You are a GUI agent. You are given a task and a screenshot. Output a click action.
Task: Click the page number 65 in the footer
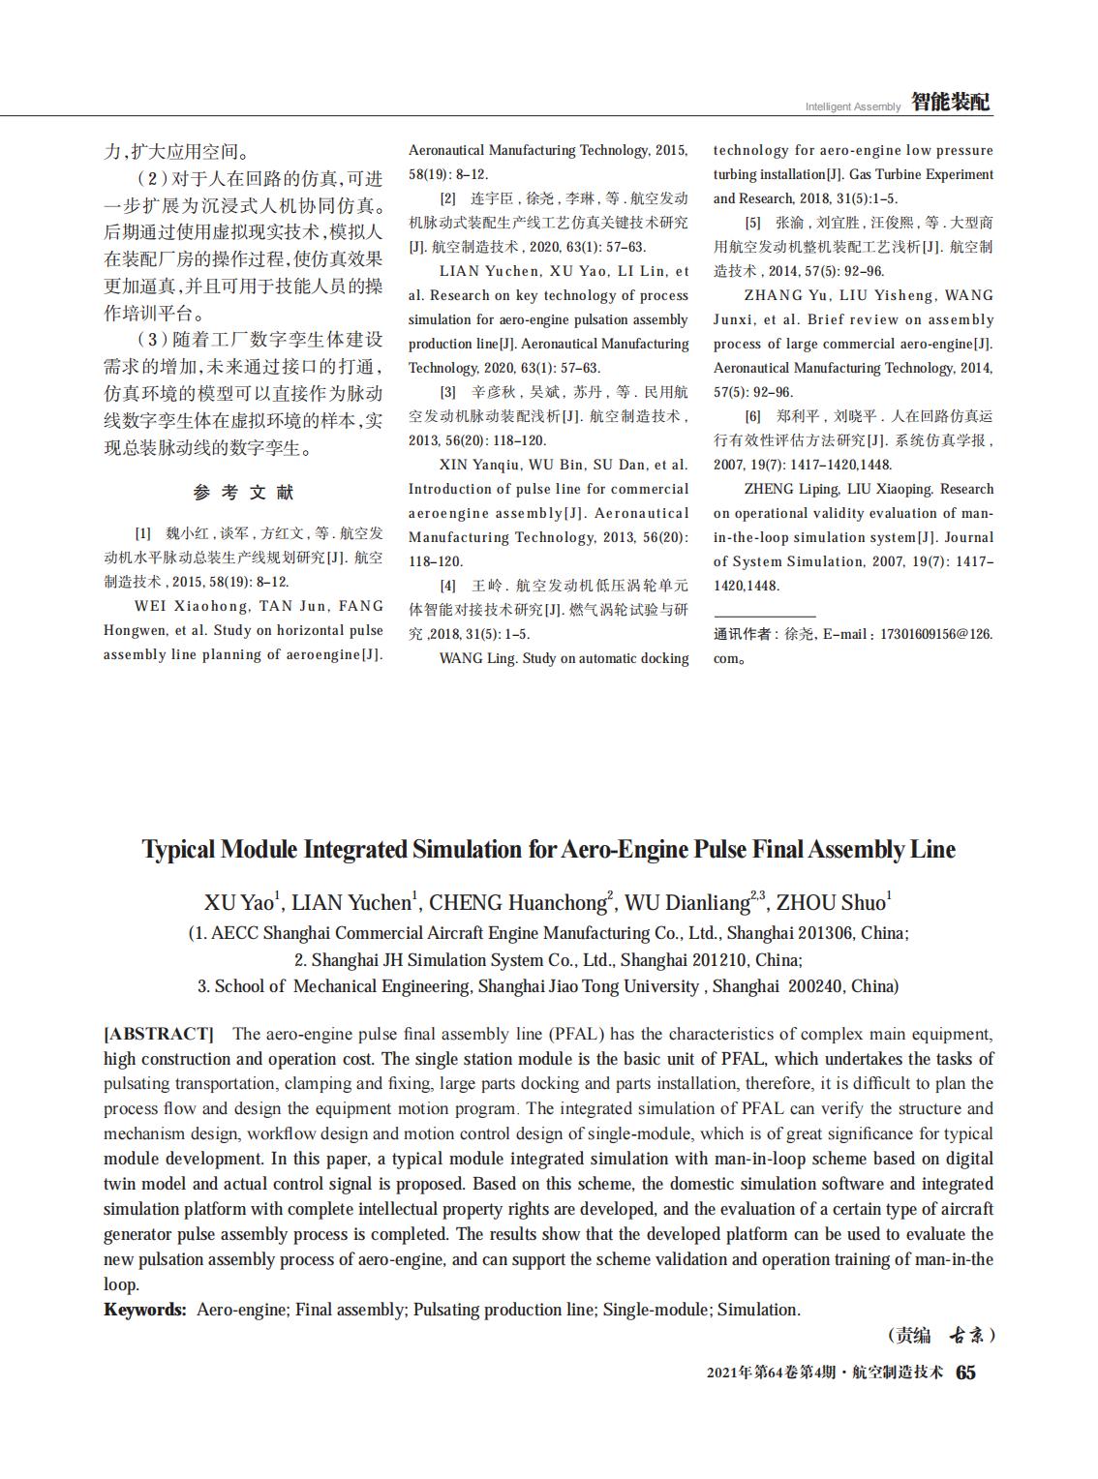[966, 1373]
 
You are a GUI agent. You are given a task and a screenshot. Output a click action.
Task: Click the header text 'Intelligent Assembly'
[852, 106]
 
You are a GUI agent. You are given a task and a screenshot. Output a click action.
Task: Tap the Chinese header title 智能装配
[951, 103]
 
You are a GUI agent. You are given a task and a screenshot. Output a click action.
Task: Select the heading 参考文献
[243, 493]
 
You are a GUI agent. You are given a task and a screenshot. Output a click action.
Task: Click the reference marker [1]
[142, 533]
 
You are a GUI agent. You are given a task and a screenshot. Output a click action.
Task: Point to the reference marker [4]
[447, 586]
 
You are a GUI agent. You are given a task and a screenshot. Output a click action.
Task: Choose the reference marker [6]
[752, 416]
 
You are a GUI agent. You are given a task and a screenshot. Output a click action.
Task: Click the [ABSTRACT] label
[158, 1034]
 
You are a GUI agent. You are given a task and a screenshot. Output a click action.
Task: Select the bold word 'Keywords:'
[145, 1310]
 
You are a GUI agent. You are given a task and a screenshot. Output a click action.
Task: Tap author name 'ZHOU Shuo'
[831, 903]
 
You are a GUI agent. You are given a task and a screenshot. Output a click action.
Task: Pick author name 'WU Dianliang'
[686, 903]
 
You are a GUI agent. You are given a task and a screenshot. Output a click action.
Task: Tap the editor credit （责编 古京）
[941, 1336]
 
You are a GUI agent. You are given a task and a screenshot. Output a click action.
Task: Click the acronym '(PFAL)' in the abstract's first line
[578, 1034]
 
